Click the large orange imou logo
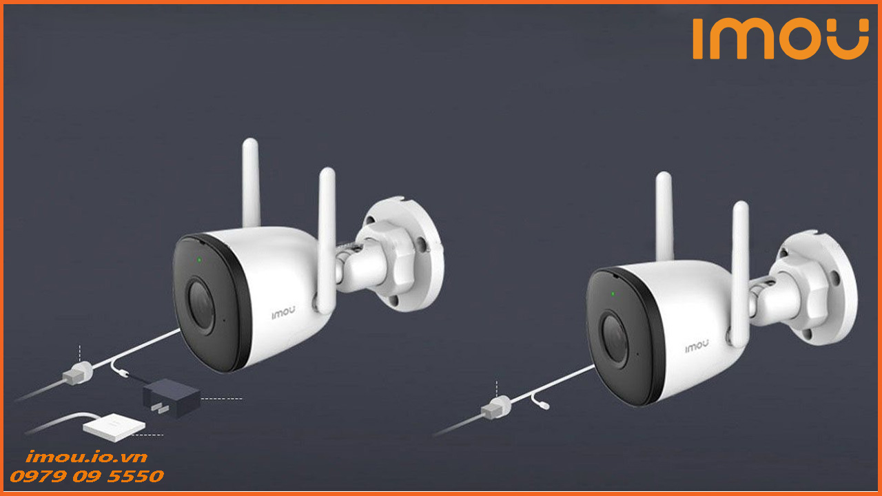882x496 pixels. [x=780, y=39]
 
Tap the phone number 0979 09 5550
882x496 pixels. [x=86, y=476]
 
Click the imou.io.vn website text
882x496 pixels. [x=86, y=457]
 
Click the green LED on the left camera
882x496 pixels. [x=198, y=260]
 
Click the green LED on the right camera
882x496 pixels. [x=612, y=294]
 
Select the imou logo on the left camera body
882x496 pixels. [x=282, y=312]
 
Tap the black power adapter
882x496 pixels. [x=172, y=397]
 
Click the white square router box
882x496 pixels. [x=114, y=427]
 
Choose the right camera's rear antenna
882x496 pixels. [x=664, y=214]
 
